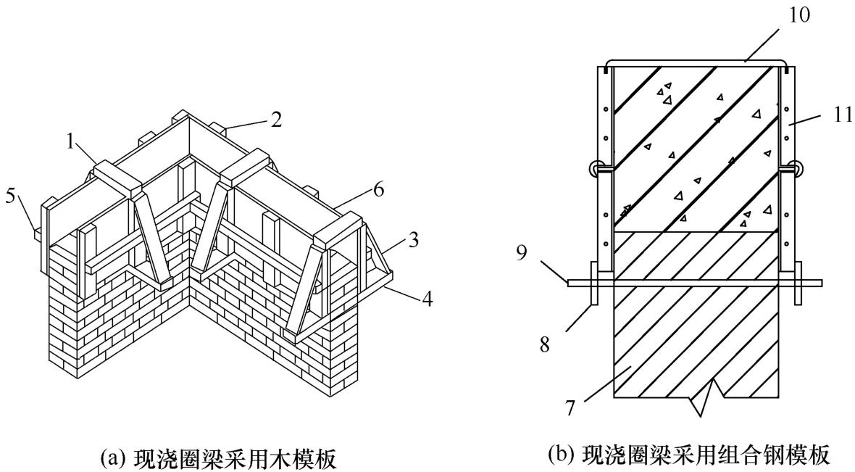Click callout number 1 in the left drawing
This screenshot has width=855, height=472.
[x=70, y=141]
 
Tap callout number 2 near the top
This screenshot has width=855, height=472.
[x=277, y=120]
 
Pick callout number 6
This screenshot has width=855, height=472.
[x=378, y=190]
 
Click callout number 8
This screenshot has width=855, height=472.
[x=545, y=344]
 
